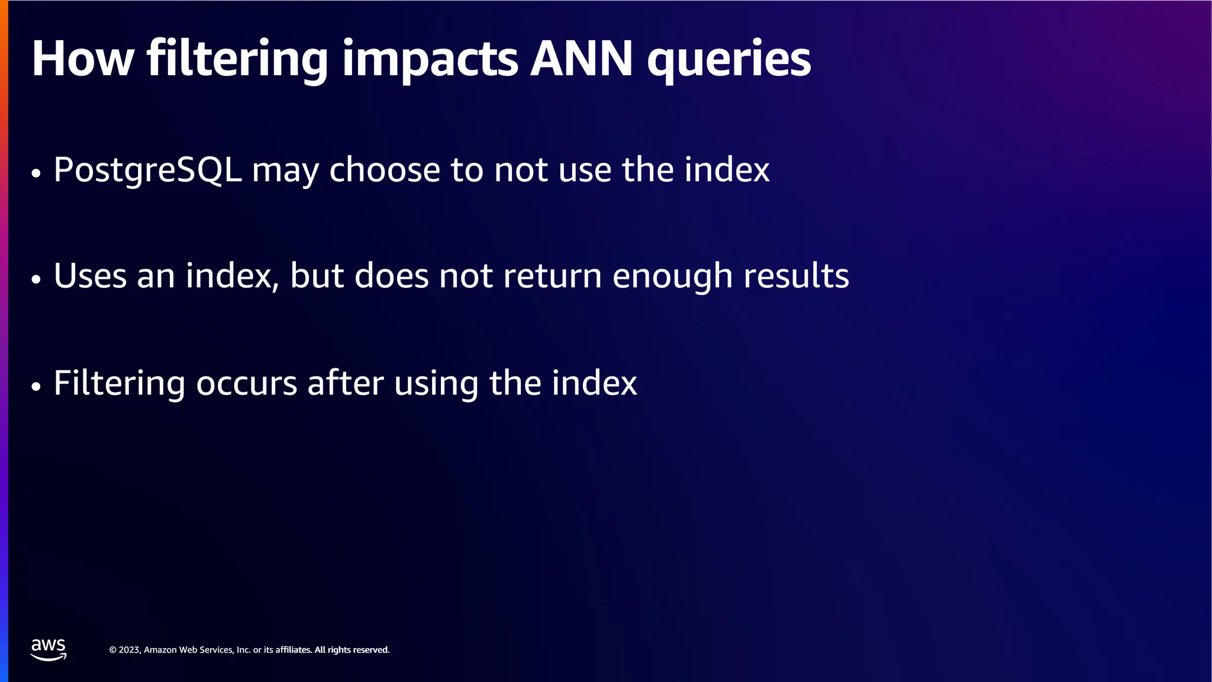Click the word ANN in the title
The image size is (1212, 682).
pyautogui.click(x=582, y=59)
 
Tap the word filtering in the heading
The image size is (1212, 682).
pyautogui.click(x=237, y=59)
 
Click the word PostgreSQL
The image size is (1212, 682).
pyautogui.click(x=148, y=170)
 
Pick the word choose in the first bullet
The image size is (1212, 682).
pyautogui.click(x=385, y=170)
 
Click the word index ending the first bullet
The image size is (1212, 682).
pyautogui.click(x=727, y=169)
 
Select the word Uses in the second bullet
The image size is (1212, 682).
pyautogui.click(x=90, y=276)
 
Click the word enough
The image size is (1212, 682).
pyautogui.click(x=672, y=277)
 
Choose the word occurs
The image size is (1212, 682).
pyautogui.click(x=246, y=384)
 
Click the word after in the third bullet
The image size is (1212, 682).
pyautogui.click(x=345, y=382)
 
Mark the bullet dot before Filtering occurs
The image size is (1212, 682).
pyautogui.click(x=36, y=387)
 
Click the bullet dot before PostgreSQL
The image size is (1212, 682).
pyautogui.click(x=36, y=173)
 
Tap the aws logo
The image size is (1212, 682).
pyautogui.click(x=49, y=649)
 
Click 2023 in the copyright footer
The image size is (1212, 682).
pyautogui.click(x=129, y=650)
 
